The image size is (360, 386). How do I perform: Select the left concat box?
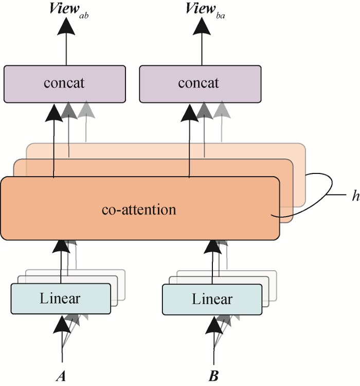64,83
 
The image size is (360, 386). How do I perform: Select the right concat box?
200,83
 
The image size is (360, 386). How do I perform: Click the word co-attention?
139,209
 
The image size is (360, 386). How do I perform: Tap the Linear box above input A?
60,299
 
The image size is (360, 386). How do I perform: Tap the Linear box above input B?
212,299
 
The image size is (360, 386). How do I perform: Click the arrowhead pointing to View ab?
65,27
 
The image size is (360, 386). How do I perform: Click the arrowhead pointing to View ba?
201,27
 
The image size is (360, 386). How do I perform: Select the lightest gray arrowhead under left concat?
85,109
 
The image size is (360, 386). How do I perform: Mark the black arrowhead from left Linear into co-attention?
61,249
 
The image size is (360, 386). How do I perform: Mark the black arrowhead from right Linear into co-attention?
212,249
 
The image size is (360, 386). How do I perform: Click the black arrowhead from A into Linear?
62,324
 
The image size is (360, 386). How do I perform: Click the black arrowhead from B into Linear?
213,324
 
